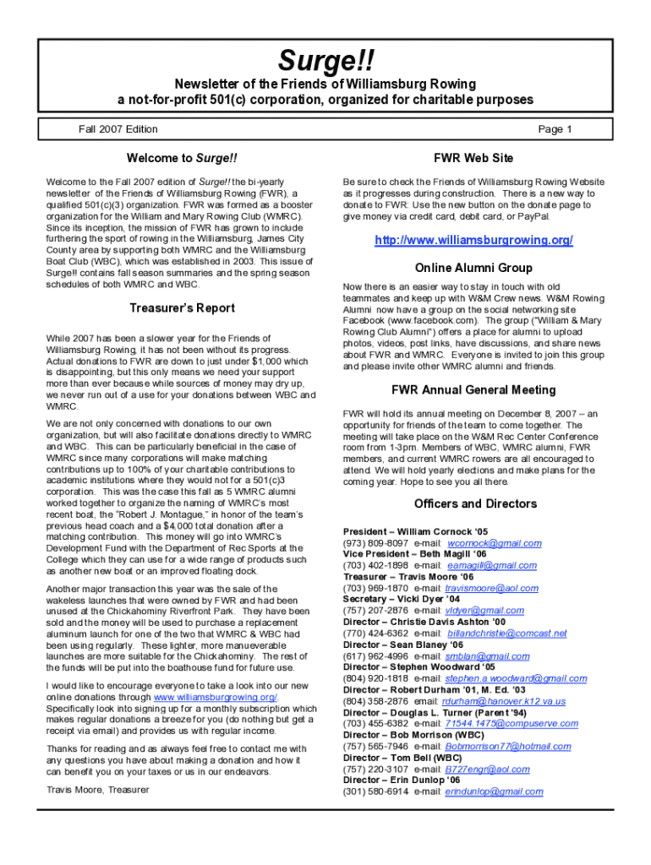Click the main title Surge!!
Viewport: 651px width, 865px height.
(x=325, y=61)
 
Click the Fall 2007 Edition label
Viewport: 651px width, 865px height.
(x=118, y=129)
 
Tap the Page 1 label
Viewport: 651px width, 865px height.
(x=555, y=129)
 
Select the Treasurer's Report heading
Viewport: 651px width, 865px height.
(x=182, y=307)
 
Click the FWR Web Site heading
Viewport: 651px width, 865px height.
(x=473, y=158)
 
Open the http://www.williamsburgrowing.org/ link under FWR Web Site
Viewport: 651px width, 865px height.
(x=473, y=241)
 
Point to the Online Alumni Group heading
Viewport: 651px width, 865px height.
(x=473, y=268)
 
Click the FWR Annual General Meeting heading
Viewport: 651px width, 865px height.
(x=473, y=390)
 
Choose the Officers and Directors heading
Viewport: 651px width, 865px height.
(x=473, y=503)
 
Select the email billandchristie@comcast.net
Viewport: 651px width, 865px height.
(x=506, y=634)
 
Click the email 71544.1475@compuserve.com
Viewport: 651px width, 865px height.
(x=498, y=724)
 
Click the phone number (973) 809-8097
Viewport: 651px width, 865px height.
(x=375, y=543)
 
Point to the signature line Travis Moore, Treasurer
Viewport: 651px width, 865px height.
(x=97, y=789)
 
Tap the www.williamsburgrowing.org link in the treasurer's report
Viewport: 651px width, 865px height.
(x=216, y=697)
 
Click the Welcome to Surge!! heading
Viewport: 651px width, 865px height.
(x=182, y=158)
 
